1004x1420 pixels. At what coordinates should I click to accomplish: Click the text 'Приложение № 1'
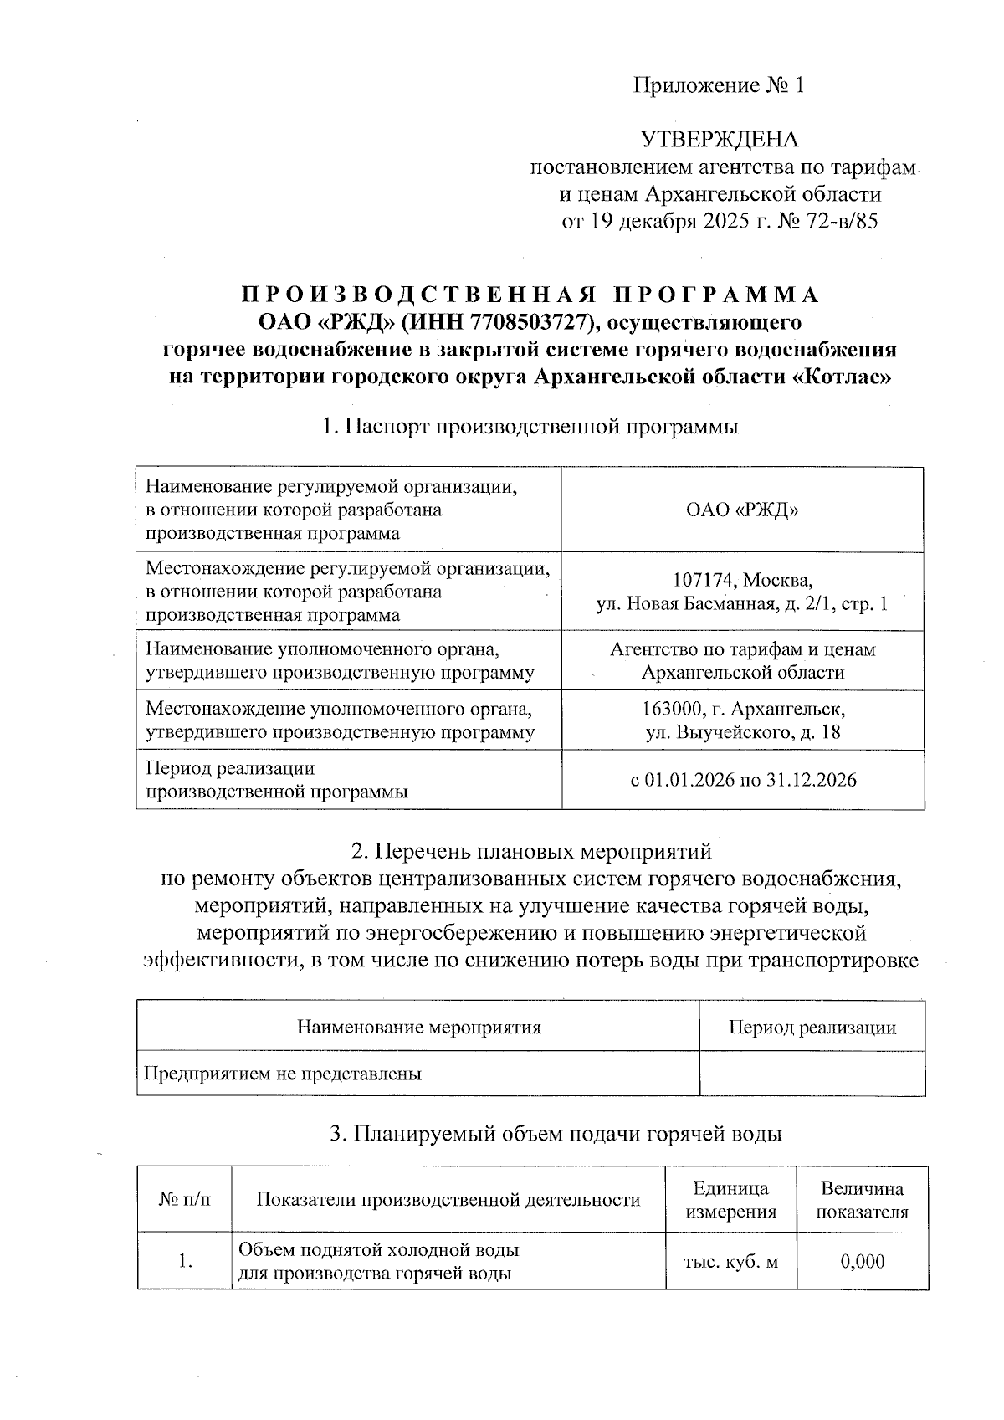point(719,85)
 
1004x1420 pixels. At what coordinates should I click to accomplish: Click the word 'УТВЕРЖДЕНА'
point(720,139)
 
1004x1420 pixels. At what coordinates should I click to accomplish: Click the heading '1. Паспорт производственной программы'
point(530,427)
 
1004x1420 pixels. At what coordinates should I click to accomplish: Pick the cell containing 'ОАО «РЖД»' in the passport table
point(742,510)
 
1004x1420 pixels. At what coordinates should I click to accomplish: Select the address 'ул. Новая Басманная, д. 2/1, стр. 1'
point(742,603)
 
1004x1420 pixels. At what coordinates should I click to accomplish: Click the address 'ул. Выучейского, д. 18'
point(742,732)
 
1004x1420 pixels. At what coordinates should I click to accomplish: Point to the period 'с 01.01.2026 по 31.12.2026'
point(742,780)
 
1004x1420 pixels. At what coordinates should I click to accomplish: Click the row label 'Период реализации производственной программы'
point(277,780)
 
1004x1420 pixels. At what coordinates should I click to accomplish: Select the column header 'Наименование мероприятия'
point(418,1027)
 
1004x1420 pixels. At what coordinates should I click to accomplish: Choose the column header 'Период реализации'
point(812,1027)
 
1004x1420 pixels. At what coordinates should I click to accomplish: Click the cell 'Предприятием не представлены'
point(282,1074)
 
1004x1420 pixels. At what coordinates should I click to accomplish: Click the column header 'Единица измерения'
point(730,1200)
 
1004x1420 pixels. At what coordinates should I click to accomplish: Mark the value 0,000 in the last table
point(862,1261)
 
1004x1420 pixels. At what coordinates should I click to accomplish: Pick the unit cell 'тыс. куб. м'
point(730,1261)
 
